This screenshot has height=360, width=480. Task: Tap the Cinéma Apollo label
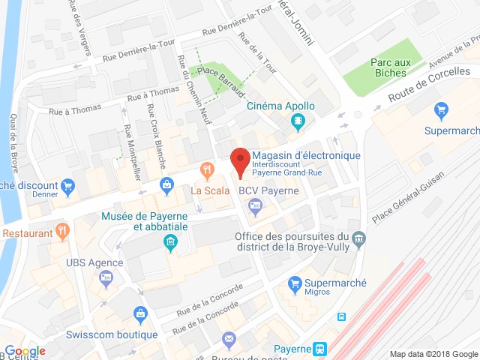[281, 106]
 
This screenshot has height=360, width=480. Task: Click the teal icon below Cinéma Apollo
[298, 121]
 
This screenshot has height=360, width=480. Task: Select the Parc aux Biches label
[388, 67]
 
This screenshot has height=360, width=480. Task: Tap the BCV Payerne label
[268, 190]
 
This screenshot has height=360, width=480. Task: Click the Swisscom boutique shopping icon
[139, 313]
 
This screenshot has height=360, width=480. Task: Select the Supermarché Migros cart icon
[295, 283]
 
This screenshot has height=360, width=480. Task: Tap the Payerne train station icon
[321, 349]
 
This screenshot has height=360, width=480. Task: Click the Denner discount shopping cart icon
[68, 185]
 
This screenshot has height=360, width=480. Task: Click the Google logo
[25, 351]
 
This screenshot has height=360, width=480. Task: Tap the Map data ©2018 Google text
[433, 354]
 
